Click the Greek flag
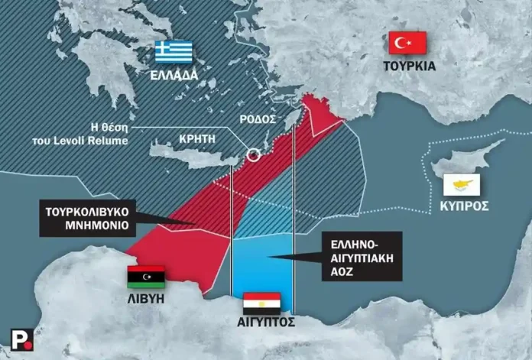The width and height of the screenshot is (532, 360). pos(174,53)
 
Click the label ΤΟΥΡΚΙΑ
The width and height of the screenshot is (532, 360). pos(409,66)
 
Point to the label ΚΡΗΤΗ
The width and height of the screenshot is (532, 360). pos(196,139)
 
